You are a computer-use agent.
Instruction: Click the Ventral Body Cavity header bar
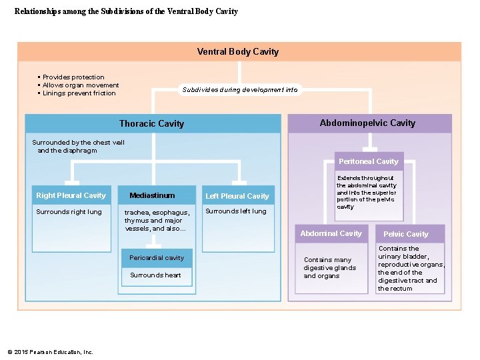(x=238, y=52)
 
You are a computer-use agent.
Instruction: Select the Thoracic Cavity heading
(x=151, y=123)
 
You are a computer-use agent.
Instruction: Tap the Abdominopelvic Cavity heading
(x=367, y=123)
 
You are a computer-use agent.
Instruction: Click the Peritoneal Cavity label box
(x=368, y=161)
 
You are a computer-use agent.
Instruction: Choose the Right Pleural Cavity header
(x=71, y=195)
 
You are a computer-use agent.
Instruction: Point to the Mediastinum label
(x=152, y=195)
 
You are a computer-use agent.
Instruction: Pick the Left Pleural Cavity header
(x=237, y=196)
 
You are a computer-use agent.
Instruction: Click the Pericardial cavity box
(x=157, y=258)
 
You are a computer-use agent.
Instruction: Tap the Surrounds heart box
(x=155, y=275)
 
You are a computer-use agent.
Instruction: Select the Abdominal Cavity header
(x=331, y=233)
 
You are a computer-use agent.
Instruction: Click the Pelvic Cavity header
(x=405, y=234)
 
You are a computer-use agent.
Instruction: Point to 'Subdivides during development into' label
(x=240, y=90)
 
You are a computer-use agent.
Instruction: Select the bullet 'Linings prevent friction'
(x=79, y=93)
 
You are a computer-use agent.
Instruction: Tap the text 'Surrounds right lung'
(x=69, y=212)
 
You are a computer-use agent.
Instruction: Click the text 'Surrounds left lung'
(x=235, y=211)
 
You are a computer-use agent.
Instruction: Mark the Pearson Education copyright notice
(x=50, y=352)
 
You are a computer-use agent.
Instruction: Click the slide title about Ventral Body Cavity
(x=126, y=11)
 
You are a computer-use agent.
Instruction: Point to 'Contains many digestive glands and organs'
(x=329, y=268)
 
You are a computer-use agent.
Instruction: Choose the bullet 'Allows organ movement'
(x=81, y=85)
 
